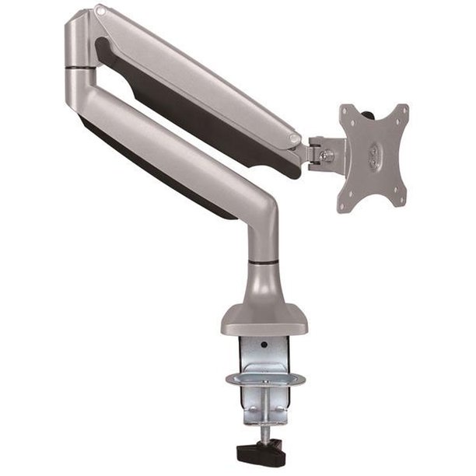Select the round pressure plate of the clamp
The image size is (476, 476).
pyautogui.click(x=264, y=380)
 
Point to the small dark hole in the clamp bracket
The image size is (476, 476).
pyautogui.click(x=264, y=344)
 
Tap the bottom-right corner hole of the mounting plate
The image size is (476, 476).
pyautogui.click(x=398, y=201)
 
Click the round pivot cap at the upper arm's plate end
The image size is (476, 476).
pyautogui.click(x=294, y=139)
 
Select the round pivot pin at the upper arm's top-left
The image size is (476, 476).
pyautogui.click(x=99, y=12)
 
